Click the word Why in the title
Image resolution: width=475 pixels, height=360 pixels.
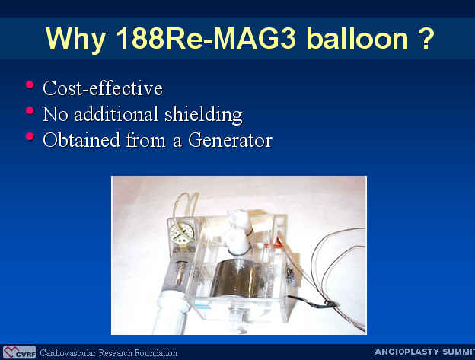coord(75,39)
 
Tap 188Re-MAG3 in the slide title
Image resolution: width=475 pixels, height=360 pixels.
coord(206,38)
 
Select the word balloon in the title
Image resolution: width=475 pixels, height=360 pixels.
coord(357,38)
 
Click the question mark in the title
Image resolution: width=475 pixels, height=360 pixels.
coord(427,38)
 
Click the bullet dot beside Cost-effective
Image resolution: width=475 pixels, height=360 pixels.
coord(30,84)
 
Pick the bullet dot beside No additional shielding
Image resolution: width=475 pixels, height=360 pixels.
coord(30,110)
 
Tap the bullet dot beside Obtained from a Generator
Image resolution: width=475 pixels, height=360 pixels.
coord(30,136)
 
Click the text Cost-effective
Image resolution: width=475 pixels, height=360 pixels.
coord(103,88)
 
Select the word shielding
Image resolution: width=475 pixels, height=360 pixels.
coord(203,115)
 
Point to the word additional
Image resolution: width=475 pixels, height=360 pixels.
coord(116,114)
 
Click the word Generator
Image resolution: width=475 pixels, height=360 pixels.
coord(230,140)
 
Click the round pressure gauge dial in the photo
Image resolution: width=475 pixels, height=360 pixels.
coord(182,233)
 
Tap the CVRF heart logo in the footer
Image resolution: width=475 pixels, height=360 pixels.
coord(19,352)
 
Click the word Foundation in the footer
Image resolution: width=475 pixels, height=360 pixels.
coord(156,353)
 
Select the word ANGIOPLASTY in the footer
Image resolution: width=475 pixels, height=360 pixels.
coord(406,352)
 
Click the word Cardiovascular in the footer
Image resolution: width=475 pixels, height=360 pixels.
coord(69,353)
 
